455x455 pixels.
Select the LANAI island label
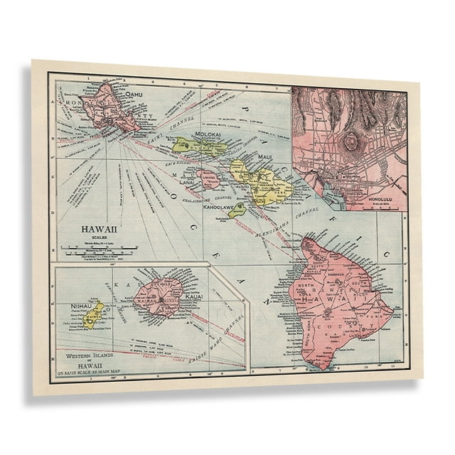point(187,182)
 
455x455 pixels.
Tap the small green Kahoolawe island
point(237,208)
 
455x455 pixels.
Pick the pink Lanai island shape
point(209,178)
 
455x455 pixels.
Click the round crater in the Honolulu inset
point(351,141)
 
